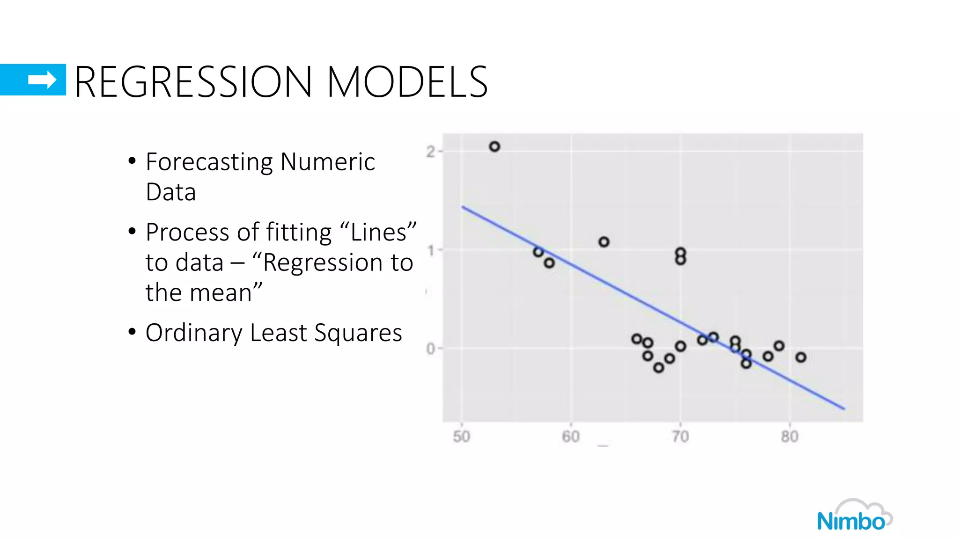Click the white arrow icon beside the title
coord(42,80)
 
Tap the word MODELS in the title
coord(407,82)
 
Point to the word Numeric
coord(328,162)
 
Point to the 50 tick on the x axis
coord(461,437)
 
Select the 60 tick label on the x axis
coord(571,437)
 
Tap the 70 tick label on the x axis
coord(680,437)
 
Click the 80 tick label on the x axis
coord(789,437)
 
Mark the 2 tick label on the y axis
coord(430,152)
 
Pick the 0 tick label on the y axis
coord(430,349)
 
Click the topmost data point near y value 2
coord(494,146)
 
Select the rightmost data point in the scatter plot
coord(801,357)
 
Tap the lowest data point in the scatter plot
coord(658,368)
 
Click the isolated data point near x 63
coord(604,242)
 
